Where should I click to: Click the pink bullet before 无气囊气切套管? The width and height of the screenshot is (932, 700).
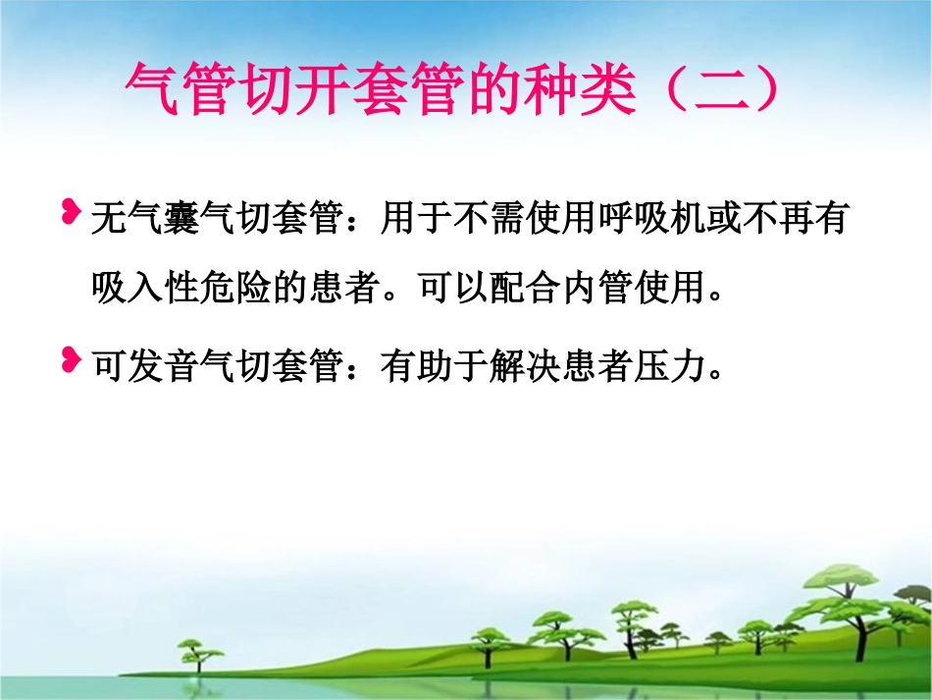pyautogui.click(x=71, y=210)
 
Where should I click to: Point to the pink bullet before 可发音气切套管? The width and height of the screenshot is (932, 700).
pyautogui.click(x=71, y=359)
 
